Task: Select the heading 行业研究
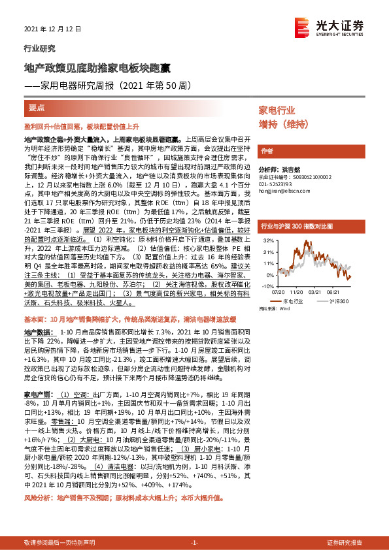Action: point(39,48)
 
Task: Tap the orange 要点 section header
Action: point(37,107)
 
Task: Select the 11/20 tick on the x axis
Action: point(297,293)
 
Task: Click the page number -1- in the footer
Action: point(194,543)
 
